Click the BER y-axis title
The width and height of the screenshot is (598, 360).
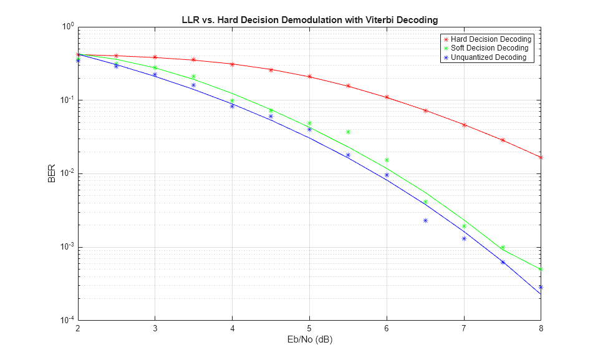pyautogui.click(x=52, y=173)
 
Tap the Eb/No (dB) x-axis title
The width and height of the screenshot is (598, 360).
pyautogui.click(x=309, y=341)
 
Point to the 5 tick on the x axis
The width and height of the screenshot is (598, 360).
pyautogui.click(x=309, y=328)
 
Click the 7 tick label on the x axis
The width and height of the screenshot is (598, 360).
pyautogui.click(x=464, y=328)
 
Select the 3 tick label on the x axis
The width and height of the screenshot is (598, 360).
pyautogui.click(x=155, y=328)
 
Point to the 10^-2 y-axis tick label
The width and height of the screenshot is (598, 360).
pyautogui.click(x=66, y=173)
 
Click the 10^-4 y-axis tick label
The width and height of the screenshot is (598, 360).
pyautogui.click(x=66, y=320)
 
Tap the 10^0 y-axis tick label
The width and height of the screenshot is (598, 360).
pyautogui.click(x=67, y=27)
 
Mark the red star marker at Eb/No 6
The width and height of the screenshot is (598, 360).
pyautogui.click(x=387, y=97)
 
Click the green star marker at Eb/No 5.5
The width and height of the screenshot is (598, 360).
pyautogui.click(x=348, y=132)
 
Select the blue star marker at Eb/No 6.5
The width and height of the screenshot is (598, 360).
pyautogui.click(x=425, y=220)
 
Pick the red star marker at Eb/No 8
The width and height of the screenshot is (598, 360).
pyautogui.click(x=541, y=157)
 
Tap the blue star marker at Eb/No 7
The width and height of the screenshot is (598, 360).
pyautogui.click(x=464, y=238)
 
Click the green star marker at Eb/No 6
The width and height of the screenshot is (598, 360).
pyautogui.click(x=387, y=160)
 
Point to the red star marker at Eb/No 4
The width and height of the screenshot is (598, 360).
pyautogui.click(x=232, y=64)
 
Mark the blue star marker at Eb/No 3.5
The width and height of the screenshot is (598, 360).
pyautogui.click(x=193, y=85)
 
